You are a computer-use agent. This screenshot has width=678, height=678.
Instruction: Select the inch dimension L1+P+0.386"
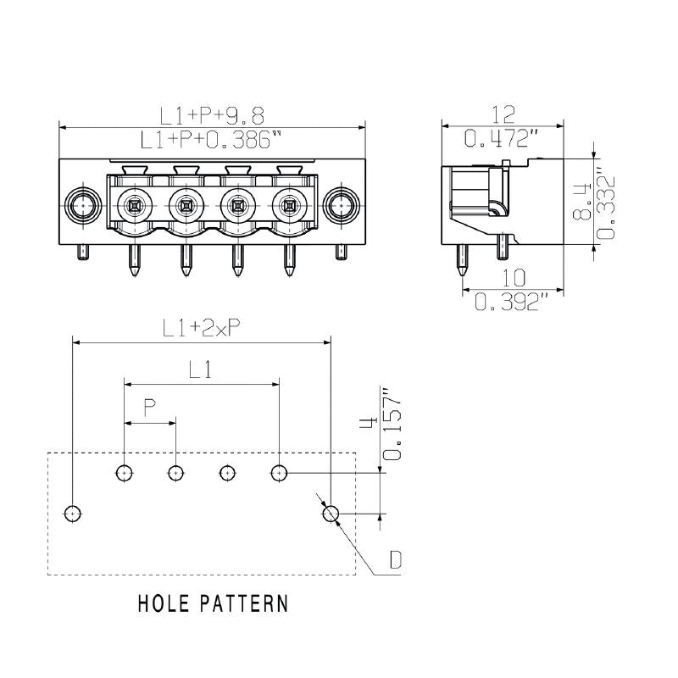coord(212,140)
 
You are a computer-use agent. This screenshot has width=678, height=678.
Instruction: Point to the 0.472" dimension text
coord(503,136)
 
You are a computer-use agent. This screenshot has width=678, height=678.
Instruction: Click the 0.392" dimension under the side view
coord(506,301)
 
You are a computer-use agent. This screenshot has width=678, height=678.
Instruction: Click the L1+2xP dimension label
coord(201,329)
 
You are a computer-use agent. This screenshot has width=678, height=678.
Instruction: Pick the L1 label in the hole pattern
coord(201,370)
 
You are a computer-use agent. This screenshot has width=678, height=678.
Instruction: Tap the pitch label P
coord(149,409)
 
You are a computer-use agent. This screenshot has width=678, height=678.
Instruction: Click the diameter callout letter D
coord(395,560)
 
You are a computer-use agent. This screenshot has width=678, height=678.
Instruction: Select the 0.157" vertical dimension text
coord(392,424)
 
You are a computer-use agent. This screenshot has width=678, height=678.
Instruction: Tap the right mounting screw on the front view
coord(342,204)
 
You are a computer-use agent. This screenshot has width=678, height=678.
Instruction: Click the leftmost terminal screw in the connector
coord(133,204)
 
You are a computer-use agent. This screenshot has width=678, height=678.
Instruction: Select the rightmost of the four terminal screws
coord(289,204)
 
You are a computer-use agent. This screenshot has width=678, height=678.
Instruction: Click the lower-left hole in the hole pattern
coord(73,513)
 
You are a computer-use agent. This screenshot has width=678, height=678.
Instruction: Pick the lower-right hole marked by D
coord(330,513)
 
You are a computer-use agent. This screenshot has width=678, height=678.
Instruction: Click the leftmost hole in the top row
coord(125,472)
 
